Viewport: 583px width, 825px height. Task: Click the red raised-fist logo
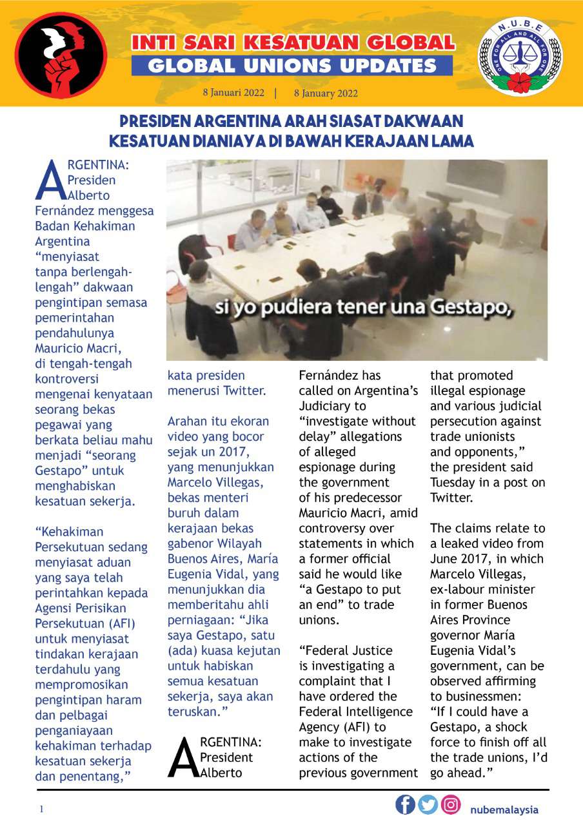click(x=61, y=54)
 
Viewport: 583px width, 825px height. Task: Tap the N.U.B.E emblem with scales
click(x=520, y=57)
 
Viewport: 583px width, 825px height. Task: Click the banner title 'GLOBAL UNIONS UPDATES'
click(x=292, y=66)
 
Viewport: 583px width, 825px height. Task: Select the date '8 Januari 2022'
click(x=233, y=92)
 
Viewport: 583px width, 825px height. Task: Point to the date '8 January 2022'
click(x=326, y=93)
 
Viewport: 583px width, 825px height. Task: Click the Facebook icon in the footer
click(x=405, y=804)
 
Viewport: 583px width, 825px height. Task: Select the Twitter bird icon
click(x=428, y=804)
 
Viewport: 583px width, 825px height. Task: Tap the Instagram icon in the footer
click(x=451, y=804)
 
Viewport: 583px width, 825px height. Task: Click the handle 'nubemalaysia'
click(x=504, y=810)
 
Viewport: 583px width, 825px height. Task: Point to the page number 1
click(x=41, y=810)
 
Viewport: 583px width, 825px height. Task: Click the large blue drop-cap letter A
click(x=50, y=181)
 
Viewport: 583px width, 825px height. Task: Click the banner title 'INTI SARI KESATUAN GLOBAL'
click(x=292, y=43)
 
